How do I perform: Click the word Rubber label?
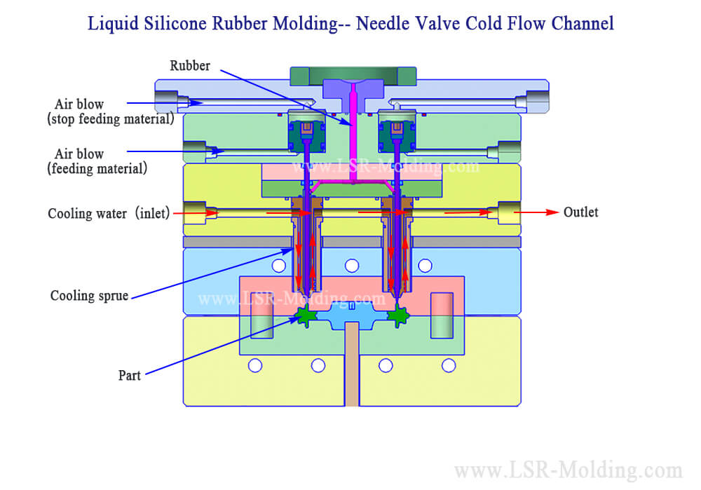click(189, 66)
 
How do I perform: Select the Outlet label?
click(580, 212)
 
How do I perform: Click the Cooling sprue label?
click(89, 296)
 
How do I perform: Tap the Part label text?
click(129, 376)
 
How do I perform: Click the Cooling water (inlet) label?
click(109, 213)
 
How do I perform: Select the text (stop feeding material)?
click(110, 118)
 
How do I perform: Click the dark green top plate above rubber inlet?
click(353, 73)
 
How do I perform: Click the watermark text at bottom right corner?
click(568, 470)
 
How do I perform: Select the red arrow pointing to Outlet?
click(540, 212)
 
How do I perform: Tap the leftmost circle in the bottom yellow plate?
click(255, 365)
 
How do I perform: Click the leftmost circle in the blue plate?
click(279, 265)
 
